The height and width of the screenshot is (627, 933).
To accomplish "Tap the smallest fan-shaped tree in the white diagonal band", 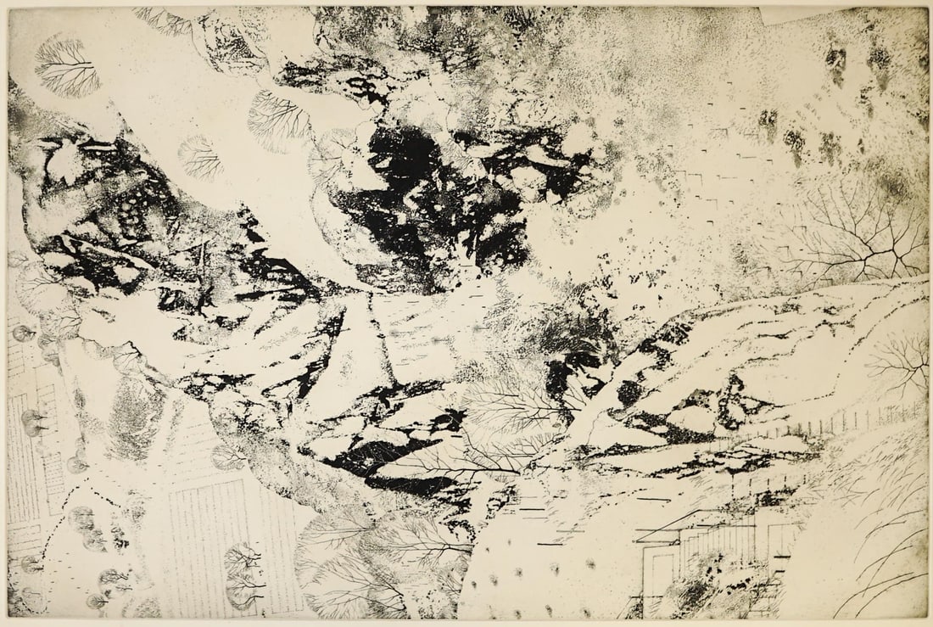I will [200, 157].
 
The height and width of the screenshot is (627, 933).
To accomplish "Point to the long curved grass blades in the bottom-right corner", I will [882, 560].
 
